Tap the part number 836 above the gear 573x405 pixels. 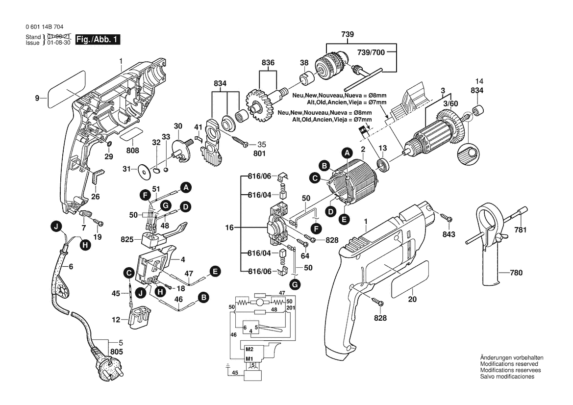point(268,62)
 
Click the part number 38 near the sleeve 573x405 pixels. point(304,62)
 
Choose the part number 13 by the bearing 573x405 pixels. point(382,148)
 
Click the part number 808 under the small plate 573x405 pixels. point(132,151)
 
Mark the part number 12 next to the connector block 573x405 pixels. point(116,320)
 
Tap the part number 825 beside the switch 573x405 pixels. point(127,240)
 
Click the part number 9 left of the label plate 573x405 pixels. point(37,98)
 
